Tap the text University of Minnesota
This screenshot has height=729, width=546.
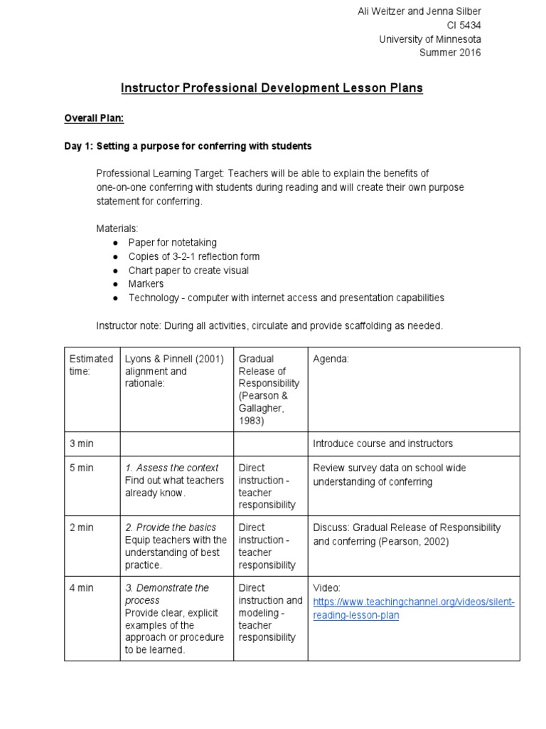tap(429, 39)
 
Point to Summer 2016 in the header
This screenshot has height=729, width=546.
tap(450, 53)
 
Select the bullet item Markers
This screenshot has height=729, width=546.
tap(146, 284)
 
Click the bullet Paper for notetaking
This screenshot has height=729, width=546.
tap(172, 243)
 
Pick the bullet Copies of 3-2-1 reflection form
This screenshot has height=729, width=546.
tap(193, 256)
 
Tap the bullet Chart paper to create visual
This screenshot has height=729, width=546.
tap(188, 271)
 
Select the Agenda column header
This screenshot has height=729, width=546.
tap(331, 360)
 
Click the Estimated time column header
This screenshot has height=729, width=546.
tap(91, 365)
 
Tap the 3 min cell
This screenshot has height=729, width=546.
tap(81, 444)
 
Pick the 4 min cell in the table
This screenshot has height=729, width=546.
tap(81, 588)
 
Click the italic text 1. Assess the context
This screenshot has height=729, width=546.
tap(171, 468)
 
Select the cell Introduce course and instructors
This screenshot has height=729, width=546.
tap(382, 444)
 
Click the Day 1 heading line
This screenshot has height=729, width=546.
tap(188, 146)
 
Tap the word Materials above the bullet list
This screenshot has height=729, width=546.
tap(117, 229)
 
